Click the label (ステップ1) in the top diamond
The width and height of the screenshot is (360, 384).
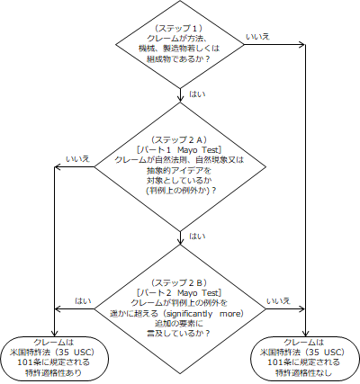(181, 29)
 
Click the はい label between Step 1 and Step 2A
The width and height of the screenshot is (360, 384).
(193, 92)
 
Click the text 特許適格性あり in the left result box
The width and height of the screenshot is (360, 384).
(56, 371)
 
